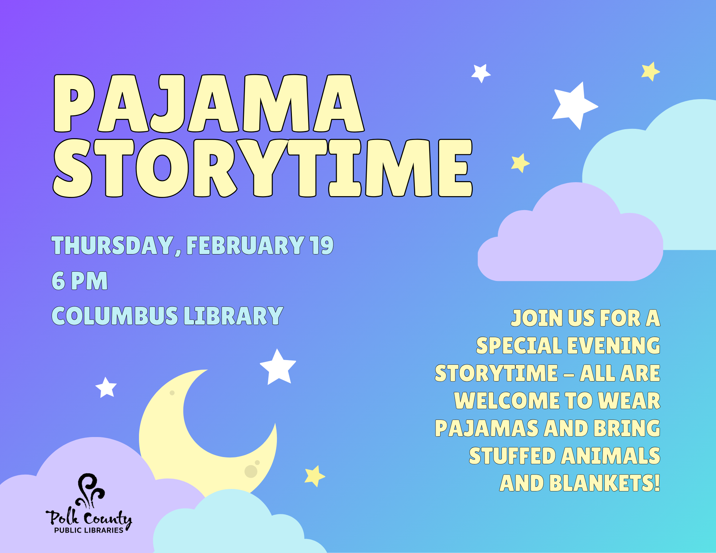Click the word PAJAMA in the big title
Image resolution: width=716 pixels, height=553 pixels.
coord(209,103)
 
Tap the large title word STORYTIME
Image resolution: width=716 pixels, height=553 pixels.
coord(263,168)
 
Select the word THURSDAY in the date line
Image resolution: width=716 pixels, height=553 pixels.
coord(112,246)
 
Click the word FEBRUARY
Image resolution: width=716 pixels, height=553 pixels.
coord(246,246)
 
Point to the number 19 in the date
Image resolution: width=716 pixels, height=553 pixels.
coord(322,246)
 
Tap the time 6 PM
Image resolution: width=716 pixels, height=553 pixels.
coord(80,281)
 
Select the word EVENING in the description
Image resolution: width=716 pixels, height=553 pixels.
coord(614,345)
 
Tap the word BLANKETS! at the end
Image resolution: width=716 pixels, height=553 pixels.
coord(604,483)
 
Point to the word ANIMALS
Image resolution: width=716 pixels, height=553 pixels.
coord(610,456)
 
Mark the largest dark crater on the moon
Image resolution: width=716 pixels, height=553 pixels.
coord(251,471)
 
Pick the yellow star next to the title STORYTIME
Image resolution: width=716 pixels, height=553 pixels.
coord(520,163)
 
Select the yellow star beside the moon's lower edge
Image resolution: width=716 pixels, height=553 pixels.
coord(314,476)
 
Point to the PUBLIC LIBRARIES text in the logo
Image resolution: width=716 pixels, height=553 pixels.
coord(89,530)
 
